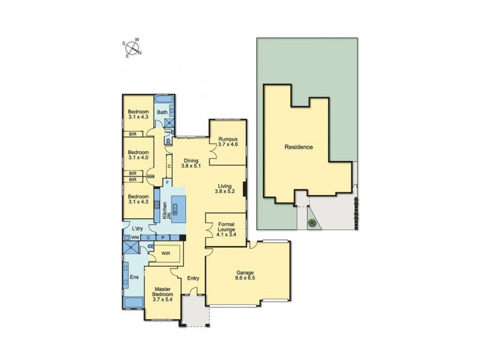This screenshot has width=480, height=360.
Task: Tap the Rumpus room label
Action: (x=227, y=142)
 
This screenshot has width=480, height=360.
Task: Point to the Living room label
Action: (x=224, y=190)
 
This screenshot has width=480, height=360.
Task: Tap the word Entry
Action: (x=193, y=278)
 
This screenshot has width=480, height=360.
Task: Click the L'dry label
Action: (x=137, y=229)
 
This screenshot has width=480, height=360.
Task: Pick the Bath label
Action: (x=161, y=113)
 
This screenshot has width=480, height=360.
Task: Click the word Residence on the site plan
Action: (x=298, y=147)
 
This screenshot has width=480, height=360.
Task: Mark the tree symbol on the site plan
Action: (x=311, y=224)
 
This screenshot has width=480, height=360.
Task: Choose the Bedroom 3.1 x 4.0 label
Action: (x=138, y=155)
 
